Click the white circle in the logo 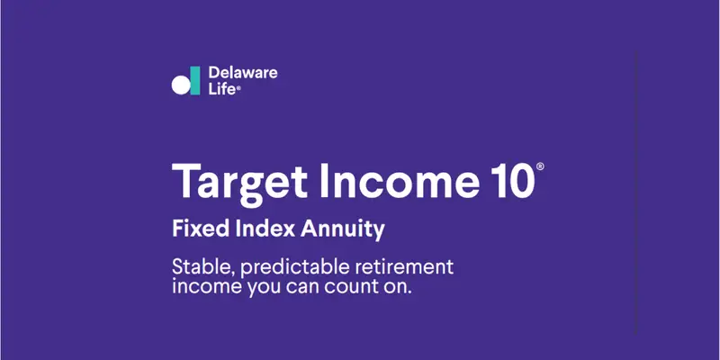(x=181, y=85)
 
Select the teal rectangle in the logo (x=194, y=78)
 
